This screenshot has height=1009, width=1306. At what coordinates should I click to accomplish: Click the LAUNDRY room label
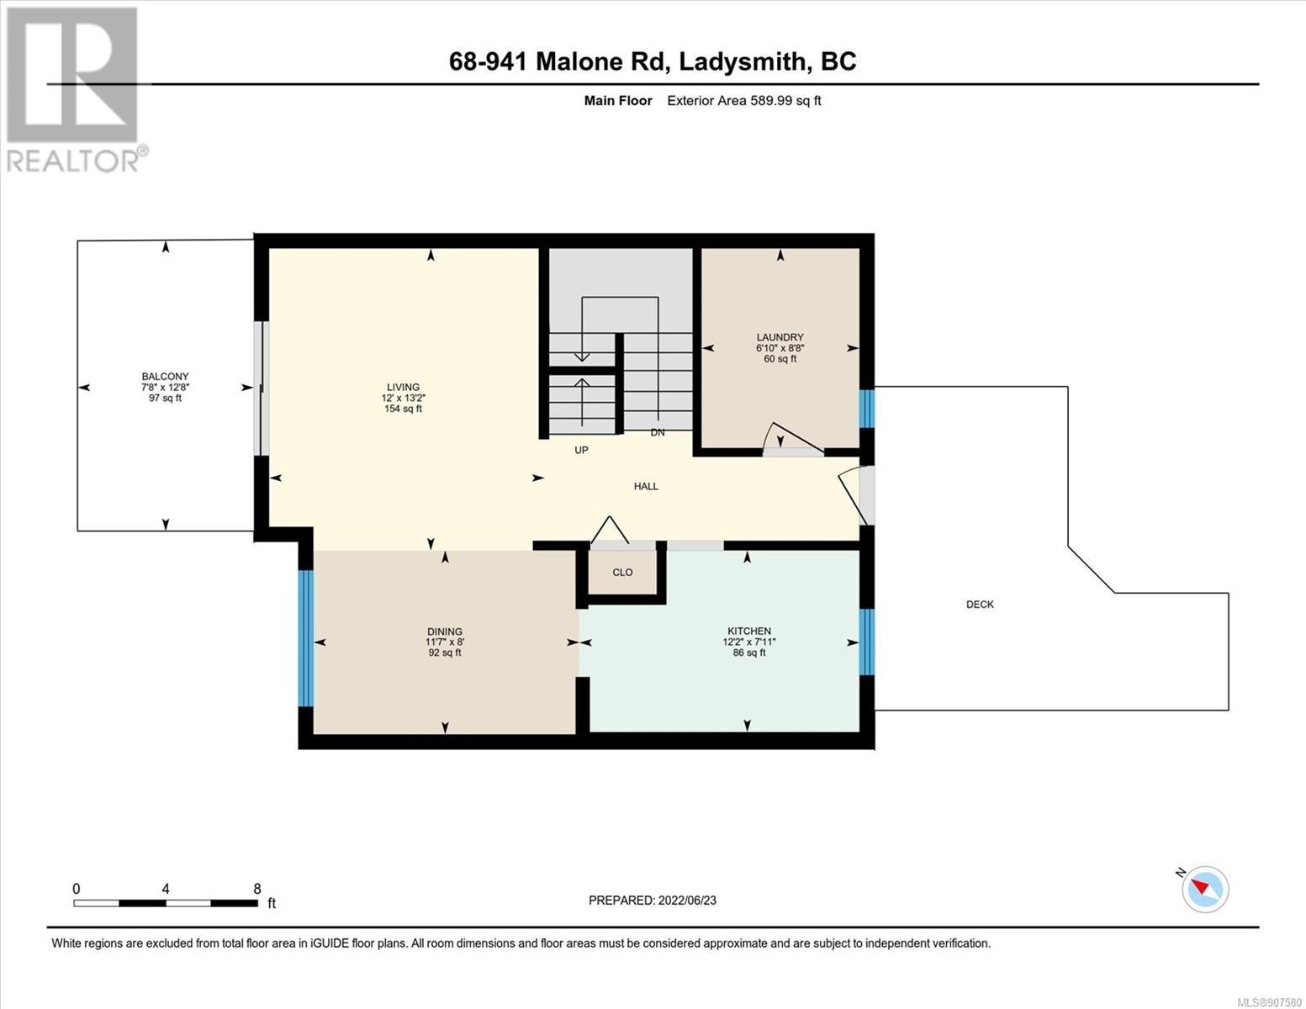tap(780, 338)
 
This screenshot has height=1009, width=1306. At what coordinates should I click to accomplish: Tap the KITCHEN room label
tap(748, 631)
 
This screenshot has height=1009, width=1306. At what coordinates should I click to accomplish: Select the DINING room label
tap(445, 631)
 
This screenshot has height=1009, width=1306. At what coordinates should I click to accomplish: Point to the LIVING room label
tap(403, 387)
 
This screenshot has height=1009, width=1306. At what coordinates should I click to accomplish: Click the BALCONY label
tap(166, 377)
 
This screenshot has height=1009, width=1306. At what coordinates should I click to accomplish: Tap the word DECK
tap(980, 605)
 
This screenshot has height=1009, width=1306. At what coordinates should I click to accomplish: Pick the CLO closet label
tap(622, 572)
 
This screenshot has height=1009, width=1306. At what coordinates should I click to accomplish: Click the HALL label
tap(646, 486)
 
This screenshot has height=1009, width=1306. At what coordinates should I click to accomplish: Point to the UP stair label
tap(581, 450)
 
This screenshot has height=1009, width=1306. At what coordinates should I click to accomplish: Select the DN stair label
tap(658, 432)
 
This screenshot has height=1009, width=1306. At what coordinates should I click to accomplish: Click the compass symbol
tap(1204, 890)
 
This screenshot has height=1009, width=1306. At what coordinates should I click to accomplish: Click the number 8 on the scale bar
tap(257, 889)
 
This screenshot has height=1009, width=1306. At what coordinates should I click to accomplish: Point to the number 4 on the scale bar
tap(166, 889)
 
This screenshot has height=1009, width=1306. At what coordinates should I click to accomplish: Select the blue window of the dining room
tap(306, 638)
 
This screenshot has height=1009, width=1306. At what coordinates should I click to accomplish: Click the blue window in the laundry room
tap(866, 409)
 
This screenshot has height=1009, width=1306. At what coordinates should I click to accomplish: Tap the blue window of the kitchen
tap(866, 642)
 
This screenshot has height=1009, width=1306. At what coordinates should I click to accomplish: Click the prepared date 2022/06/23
tap(687, 901)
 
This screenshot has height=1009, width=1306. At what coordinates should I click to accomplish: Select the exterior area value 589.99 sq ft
tap(785, 100)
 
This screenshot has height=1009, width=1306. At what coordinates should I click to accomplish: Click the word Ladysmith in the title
tap(742, 61)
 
